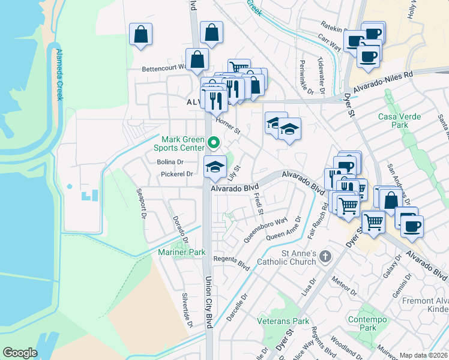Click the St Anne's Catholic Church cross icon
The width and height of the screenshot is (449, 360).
[x=325, y=256]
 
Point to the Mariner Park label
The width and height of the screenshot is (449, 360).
[x=182, y=253]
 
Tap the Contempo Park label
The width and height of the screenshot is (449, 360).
[x=362, y=324]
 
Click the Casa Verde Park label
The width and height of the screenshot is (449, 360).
[x=401, y=121]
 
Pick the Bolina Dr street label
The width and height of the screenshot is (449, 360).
[x=170, y=162]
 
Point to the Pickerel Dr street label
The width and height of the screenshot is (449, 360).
[x=176, y=174]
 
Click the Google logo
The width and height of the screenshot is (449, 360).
[x=20, y=353]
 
